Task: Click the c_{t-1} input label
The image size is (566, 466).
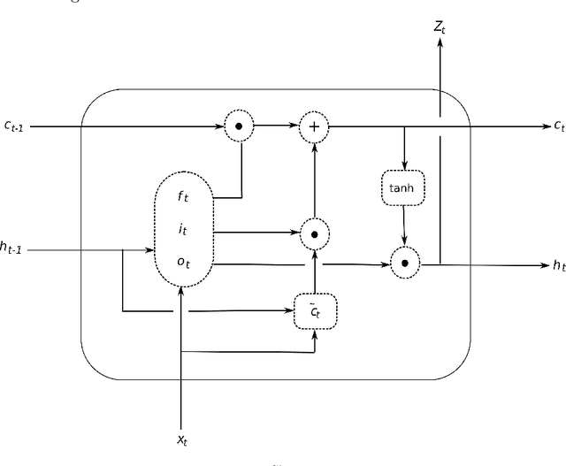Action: pos(15,127)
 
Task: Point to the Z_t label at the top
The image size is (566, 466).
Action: pos(439,29)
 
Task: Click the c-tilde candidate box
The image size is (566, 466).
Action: pos(314,310)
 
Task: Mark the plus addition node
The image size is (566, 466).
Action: pos(313,127)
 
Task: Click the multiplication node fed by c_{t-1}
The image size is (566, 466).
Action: pos(237,127)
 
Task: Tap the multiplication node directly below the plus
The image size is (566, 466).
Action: pos(313,234)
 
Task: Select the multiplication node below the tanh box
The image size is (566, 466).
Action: pos(405,264)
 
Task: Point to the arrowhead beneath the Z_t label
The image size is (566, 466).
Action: pos(439,46)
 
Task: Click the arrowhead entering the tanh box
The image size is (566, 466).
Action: pos(404,169)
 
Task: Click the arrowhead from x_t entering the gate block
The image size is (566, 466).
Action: pos(181,293)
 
